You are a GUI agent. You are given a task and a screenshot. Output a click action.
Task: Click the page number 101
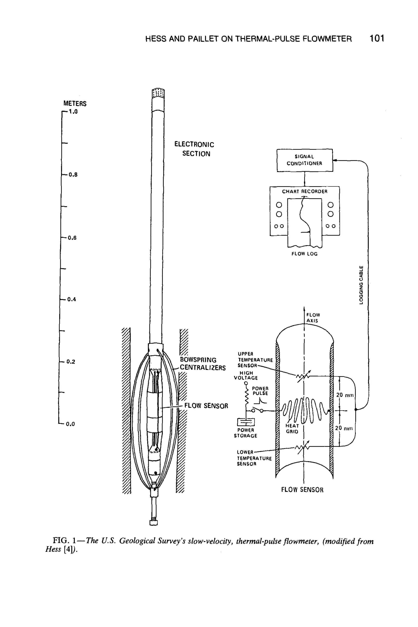pyautogui.click(x=377, y=38)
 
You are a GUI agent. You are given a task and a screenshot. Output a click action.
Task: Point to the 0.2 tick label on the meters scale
pyautogui.click(x=71, y=362)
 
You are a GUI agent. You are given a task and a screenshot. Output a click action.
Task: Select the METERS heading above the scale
pyautogui.click(x=75, y=103)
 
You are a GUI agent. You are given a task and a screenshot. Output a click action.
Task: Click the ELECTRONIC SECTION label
pyautogui.click(x=194, y=149)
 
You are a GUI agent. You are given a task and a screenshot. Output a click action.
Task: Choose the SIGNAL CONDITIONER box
pyautogui.click(x=305, y=160)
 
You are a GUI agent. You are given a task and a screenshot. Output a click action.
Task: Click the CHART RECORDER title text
pyautogui.click(x=305, y=191)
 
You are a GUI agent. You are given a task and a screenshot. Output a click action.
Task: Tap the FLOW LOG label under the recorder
pyautogui.click(x=305, y=254)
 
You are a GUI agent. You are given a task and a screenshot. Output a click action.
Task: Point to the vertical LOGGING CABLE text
pyautogui.click(x=361, y=285)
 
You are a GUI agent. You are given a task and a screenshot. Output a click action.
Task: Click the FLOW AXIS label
pyautogui.click(x=313, y=318)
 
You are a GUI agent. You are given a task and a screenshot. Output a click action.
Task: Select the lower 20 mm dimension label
pyautogui.click(x=344, y=428)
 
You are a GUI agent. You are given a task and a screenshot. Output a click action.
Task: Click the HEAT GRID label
pyautogui.click(x=292, y=429)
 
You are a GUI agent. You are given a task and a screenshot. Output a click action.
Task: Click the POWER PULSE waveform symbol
pyautogui.click(x=262, y=401)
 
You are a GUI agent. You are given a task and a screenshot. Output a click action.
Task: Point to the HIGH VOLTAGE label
pyautogui.click(x=246, y=375)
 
